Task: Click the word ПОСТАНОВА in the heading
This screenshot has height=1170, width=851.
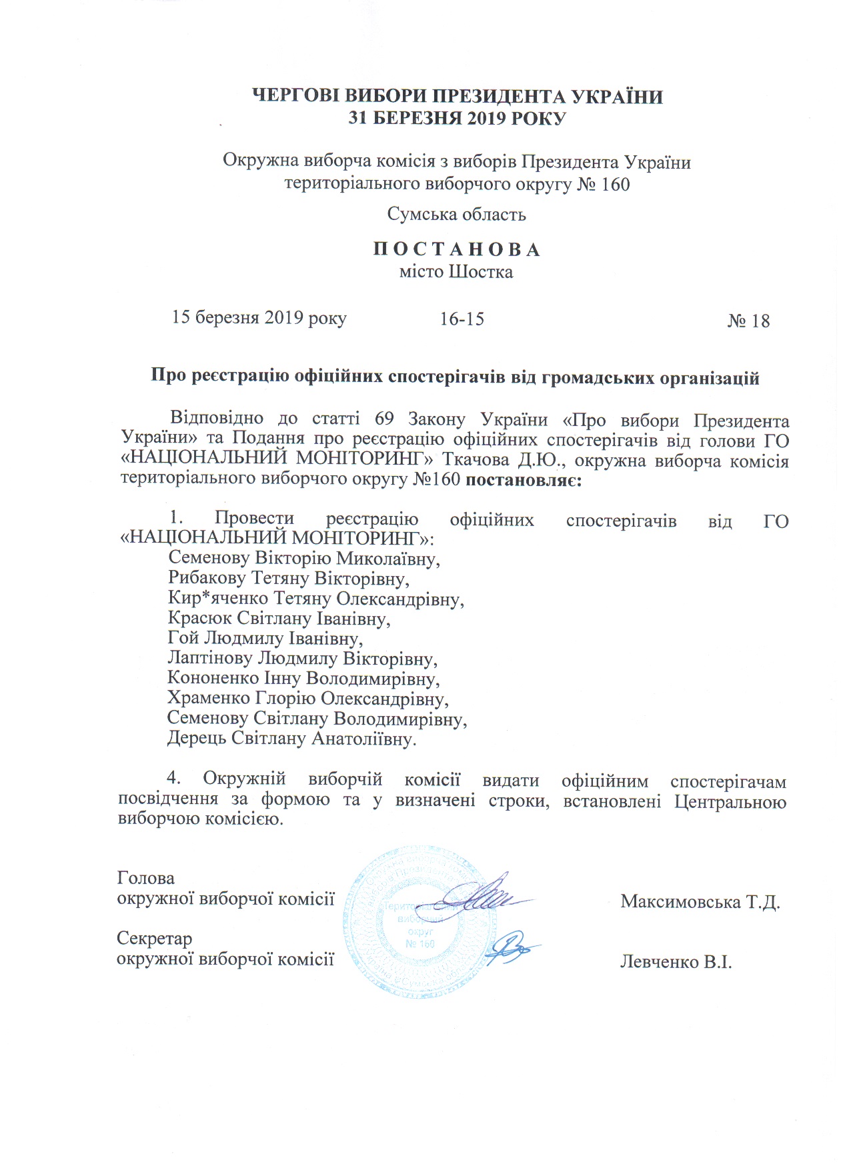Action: [x=457, y=249]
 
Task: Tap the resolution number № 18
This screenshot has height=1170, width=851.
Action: [x=748, y=321]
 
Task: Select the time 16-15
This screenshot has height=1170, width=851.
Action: [x=462, y=319]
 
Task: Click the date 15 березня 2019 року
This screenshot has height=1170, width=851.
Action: [x=259, y=317]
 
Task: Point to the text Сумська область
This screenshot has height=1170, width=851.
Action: [x=457, y=214]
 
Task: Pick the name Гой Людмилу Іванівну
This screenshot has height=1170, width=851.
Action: [x=265, y=639]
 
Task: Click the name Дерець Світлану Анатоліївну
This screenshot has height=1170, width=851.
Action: [x=291, y=739]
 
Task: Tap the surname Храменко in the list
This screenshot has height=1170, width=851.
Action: [x=208, y=699]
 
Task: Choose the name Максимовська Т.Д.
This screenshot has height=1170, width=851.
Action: [x=700, y=902]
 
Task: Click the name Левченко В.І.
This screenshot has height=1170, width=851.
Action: [x=676, y=962]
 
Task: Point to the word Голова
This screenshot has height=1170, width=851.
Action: [x=146, y=878]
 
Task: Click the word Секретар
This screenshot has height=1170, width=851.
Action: [x=155, y=939]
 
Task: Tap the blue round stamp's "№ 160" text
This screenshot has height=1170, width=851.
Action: [x=420, y=943]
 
